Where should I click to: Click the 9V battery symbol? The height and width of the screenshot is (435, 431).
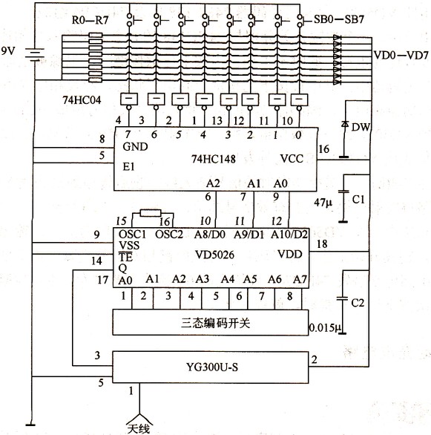pos(35,54)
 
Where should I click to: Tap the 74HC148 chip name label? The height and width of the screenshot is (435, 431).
pos(214,159)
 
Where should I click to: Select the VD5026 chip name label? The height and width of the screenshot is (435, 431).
pos(215,255)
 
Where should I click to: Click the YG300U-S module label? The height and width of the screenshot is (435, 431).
pos(212,367)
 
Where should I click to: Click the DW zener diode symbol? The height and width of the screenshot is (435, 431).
pos(345,125)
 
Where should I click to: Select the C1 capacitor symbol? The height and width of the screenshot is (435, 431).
pos(343,192)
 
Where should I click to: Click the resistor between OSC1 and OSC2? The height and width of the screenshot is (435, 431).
pos(151,213)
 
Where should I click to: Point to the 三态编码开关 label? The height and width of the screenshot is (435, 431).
pos(215,323)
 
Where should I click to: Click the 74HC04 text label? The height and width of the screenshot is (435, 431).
pos(82,100)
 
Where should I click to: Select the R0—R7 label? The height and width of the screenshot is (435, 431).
pos(90,20)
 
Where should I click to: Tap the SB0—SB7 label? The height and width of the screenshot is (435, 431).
pos(338,19)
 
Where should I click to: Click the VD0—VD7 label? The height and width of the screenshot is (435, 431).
pos(401,55)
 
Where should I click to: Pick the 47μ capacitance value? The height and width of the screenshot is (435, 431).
pos(323,203)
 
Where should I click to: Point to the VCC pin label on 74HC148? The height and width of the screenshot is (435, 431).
pos(292,159)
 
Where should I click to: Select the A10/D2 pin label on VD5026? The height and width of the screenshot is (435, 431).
pos(289,235)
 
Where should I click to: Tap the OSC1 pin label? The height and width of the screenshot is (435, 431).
pos(132,235)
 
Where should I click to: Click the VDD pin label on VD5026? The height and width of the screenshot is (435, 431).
pos(289,254)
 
